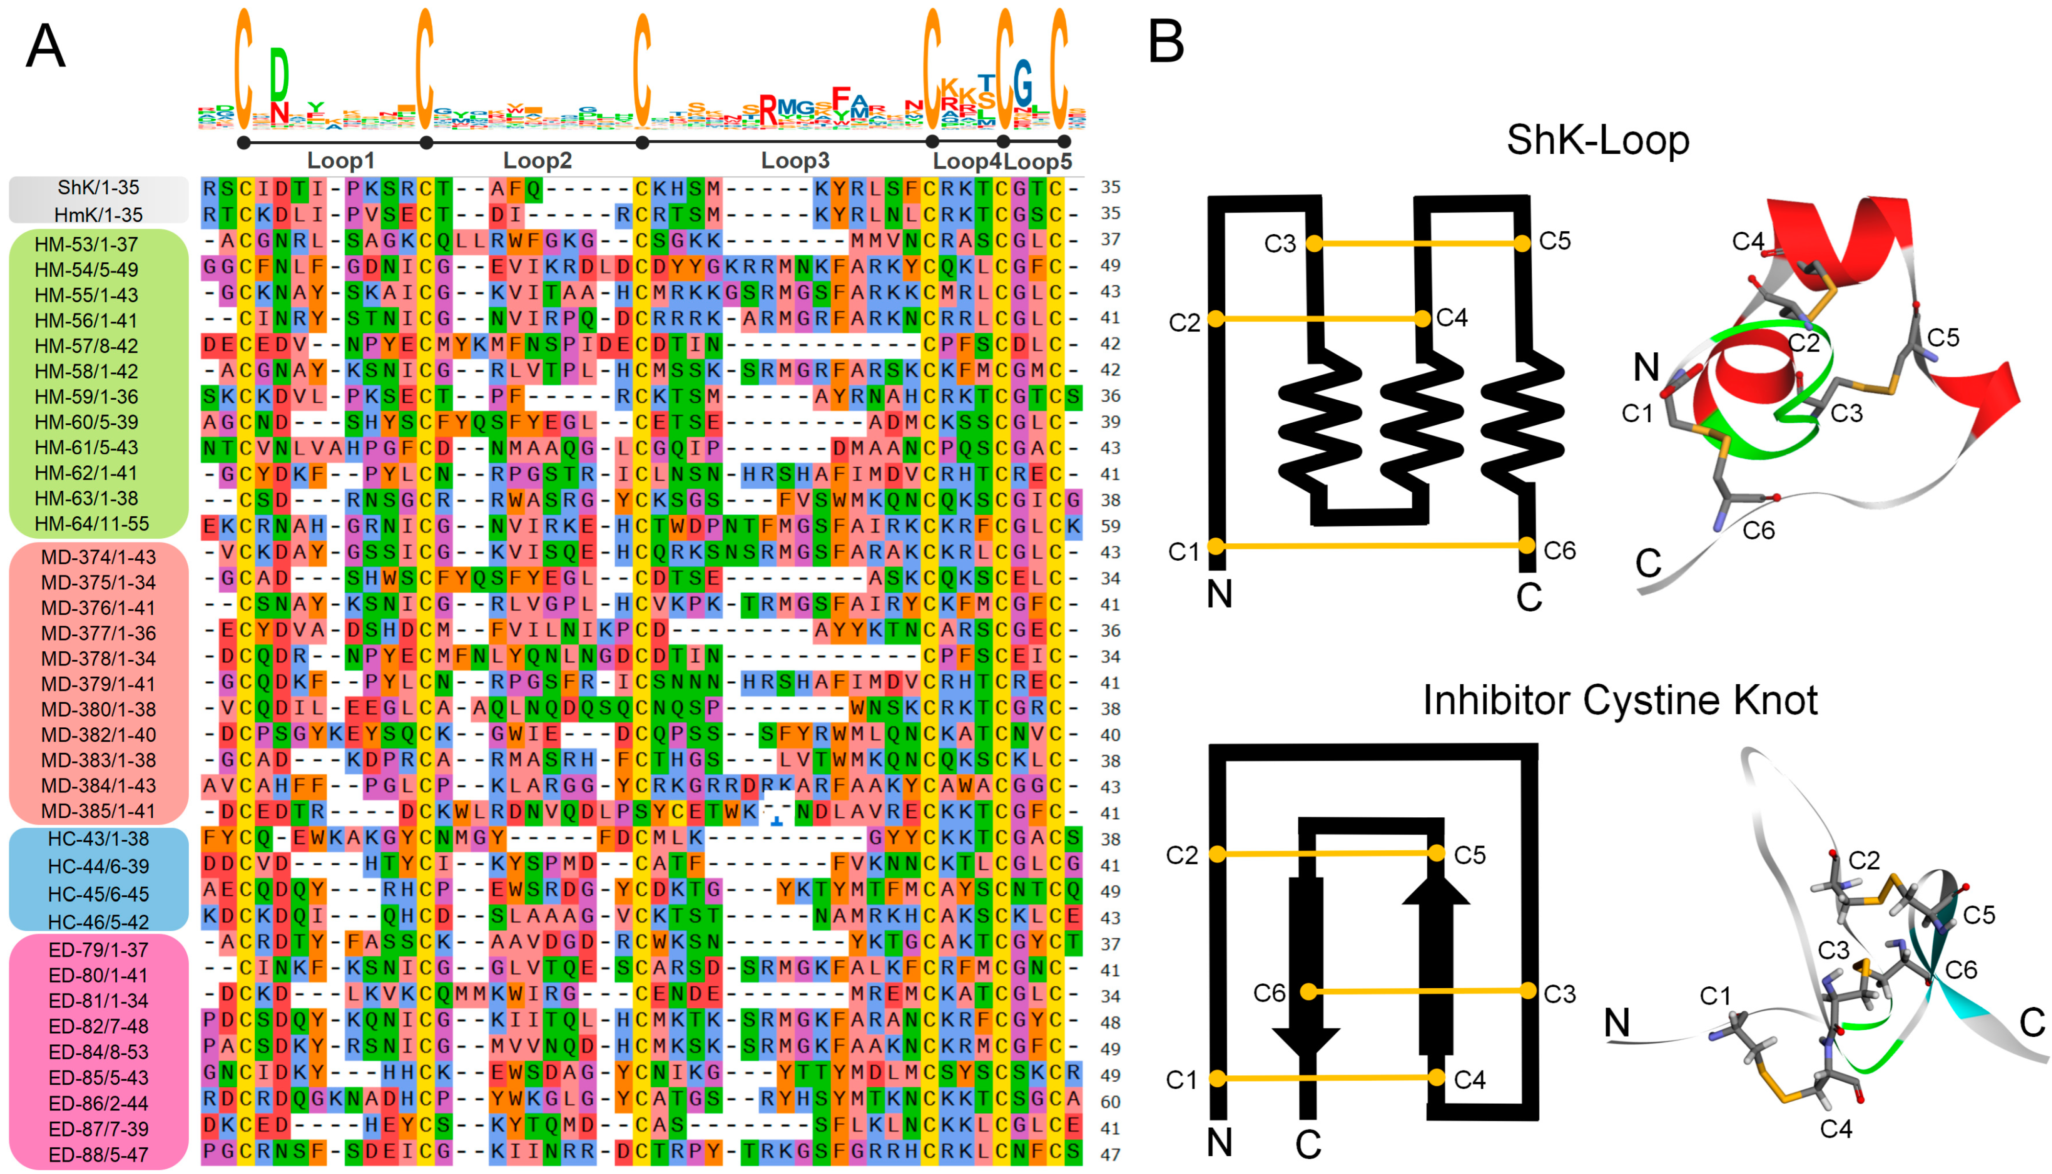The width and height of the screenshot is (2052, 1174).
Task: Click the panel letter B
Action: (x=1166, y=42)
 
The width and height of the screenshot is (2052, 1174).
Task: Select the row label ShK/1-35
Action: (x=98, y=188)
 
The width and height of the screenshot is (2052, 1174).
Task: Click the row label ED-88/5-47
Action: (x=98, y=1155)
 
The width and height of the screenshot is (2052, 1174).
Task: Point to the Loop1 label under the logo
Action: (x=340, y=160)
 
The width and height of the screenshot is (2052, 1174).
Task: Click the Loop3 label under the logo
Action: (x=795, y=160)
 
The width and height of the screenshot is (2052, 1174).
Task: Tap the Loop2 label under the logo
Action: (x=537, y=160)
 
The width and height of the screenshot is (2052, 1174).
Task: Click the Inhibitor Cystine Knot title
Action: (x=1620, y=700)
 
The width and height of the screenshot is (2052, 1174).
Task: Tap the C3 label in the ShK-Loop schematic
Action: (x=1280, y=244)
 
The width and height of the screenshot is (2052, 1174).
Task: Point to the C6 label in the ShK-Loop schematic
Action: (x=1559, y=551)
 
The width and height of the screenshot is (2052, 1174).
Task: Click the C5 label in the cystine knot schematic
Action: (x=1469, y=855)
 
